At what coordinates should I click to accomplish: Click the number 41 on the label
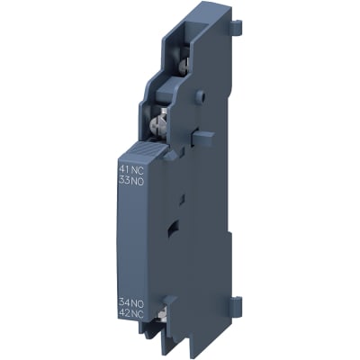coord(123,168)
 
